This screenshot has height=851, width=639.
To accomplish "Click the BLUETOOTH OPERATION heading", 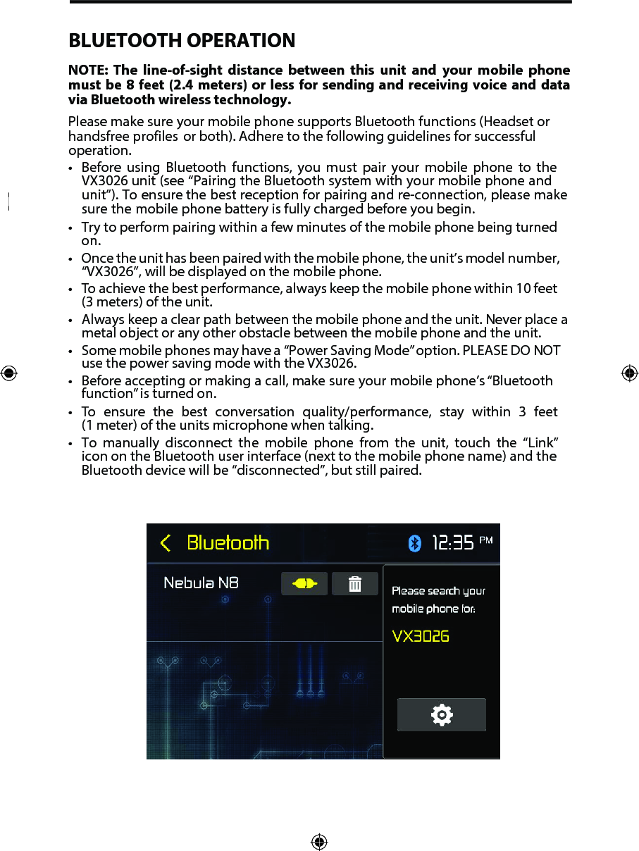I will [x=182, y=41].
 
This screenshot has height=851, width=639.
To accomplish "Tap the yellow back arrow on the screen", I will [x=166, y=543].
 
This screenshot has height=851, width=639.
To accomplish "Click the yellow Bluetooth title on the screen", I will [x=228, y=543].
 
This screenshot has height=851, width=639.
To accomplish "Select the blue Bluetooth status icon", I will [x=415, y=543].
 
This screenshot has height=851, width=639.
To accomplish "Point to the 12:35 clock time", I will [x=452, y=543].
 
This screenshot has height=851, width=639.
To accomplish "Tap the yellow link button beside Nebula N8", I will [x=304, y=584].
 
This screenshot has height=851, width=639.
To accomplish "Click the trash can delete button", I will [x=355, y=584].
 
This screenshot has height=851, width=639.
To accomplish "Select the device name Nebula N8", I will [x=201, y=583].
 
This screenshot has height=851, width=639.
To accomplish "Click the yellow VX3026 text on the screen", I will [x=421, y=636].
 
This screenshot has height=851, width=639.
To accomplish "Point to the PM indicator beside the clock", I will [x=486, y=540].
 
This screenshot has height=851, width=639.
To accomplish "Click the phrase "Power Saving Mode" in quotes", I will [x=342, y=351].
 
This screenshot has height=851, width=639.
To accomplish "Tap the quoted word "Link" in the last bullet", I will [x=542, y=443].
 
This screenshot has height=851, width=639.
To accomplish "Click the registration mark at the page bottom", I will [x=319, y=842].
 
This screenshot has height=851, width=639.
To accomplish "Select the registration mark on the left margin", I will [x=8, y=373].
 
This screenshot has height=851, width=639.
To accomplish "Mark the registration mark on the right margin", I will [x=630, y=373].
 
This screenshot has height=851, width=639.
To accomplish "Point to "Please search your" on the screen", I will [x=438, y=591].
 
